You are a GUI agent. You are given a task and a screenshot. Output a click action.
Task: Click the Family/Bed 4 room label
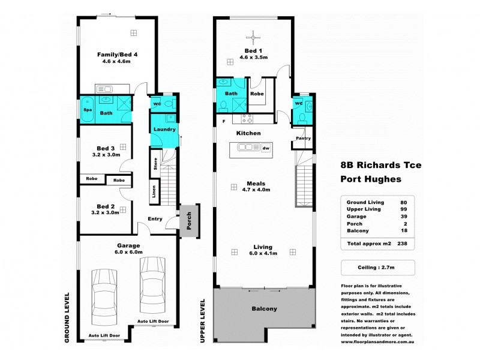tap(118, 55)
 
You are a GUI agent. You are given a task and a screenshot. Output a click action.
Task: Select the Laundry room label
tap(164, 130)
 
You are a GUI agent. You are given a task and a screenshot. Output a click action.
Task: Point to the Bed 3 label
tap(106, 148)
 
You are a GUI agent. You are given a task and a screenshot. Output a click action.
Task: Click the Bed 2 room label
tap(106, 206)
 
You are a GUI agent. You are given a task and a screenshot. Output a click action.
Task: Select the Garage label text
tap(128, 245)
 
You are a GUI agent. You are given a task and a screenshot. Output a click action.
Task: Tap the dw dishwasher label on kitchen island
tap(265, 147)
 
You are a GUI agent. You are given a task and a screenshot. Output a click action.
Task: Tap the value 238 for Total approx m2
tap(403, 244)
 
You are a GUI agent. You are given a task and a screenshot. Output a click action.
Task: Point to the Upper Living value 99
tap(403, 209)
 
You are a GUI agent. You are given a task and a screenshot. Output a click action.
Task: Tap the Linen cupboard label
tap(154, 192)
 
